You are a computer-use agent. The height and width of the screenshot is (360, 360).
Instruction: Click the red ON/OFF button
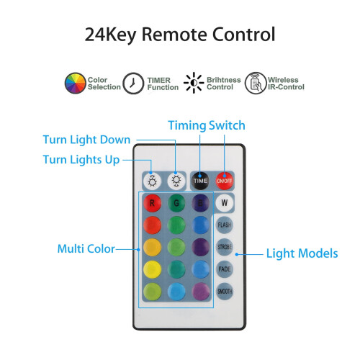[225, 181]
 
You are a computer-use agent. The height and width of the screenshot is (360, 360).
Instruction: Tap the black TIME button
[200, 181]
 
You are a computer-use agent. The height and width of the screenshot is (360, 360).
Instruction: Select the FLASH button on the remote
[225, 225]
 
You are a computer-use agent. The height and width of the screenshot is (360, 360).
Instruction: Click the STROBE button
[225, 247]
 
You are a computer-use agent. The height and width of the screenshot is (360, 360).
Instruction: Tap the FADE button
[225, 269]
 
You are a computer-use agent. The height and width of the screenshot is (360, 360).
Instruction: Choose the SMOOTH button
[225, 291]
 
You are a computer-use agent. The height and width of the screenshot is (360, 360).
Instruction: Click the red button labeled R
[152, 203]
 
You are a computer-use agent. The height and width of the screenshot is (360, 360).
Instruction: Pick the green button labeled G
[176, 203]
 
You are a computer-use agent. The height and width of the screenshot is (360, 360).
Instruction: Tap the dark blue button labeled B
[200, 203]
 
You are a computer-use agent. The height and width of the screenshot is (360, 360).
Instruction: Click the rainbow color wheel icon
[75, 83]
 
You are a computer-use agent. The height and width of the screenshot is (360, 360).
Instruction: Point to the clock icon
[133, 83]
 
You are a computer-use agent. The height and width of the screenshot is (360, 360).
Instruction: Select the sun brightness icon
[194, 83]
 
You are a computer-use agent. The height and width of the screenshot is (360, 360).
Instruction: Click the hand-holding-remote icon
[256, 83]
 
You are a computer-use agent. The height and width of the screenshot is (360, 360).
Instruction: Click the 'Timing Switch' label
[207, 125]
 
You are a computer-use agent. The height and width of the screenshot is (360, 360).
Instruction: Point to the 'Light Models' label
[302, 253]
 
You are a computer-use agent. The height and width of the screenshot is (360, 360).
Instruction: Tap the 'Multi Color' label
[86, 248]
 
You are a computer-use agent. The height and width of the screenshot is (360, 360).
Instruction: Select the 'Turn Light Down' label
[86, 140]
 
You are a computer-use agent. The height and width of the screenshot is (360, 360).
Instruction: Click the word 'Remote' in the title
[174, 35]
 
